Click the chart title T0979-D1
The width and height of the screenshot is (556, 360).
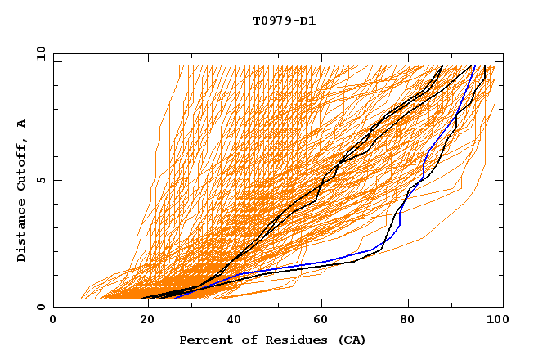coord(284,21)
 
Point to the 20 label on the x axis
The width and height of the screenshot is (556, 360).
coord(142,320)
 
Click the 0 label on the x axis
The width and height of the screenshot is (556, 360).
coord(54,320)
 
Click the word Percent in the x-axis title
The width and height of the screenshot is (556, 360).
coord(204,340)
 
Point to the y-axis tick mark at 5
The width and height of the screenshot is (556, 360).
coord(56,180)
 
